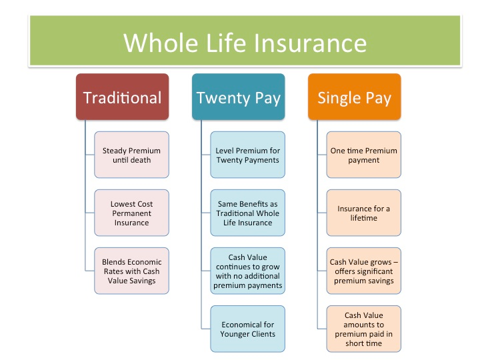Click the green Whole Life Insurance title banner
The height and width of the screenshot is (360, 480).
click(245, 41)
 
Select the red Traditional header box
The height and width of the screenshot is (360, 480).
click(122, 97)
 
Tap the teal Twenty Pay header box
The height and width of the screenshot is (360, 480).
click(238, 97)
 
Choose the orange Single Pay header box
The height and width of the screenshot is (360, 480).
click(354, 97)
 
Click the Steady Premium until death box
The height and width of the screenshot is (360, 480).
click(131, 155)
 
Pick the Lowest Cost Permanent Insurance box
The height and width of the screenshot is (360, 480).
click(131, 213)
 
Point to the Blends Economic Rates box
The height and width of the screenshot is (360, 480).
click(131, 271)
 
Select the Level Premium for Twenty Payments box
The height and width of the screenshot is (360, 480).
click(247, 155)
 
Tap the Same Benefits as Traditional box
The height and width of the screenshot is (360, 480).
click(247, 213)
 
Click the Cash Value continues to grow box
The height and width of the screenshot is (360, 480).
click(247, 271)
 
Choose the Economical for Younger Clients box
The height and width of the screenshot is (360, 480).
click(247, 329)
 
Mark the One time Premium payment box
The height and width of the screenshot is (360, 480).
click(363, 155)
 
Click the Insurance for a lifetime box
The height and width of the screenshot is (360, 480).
click(363, 213)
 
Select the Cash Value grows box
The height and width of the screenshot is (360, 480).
click(363, 271)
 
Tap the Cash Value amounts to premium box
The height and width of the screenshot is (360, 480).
click(363, 329)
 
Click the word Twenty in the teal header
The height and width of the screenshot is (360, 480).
click(222, 98)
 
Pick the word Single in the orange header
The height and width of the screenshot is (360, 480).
click(338, 98)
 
